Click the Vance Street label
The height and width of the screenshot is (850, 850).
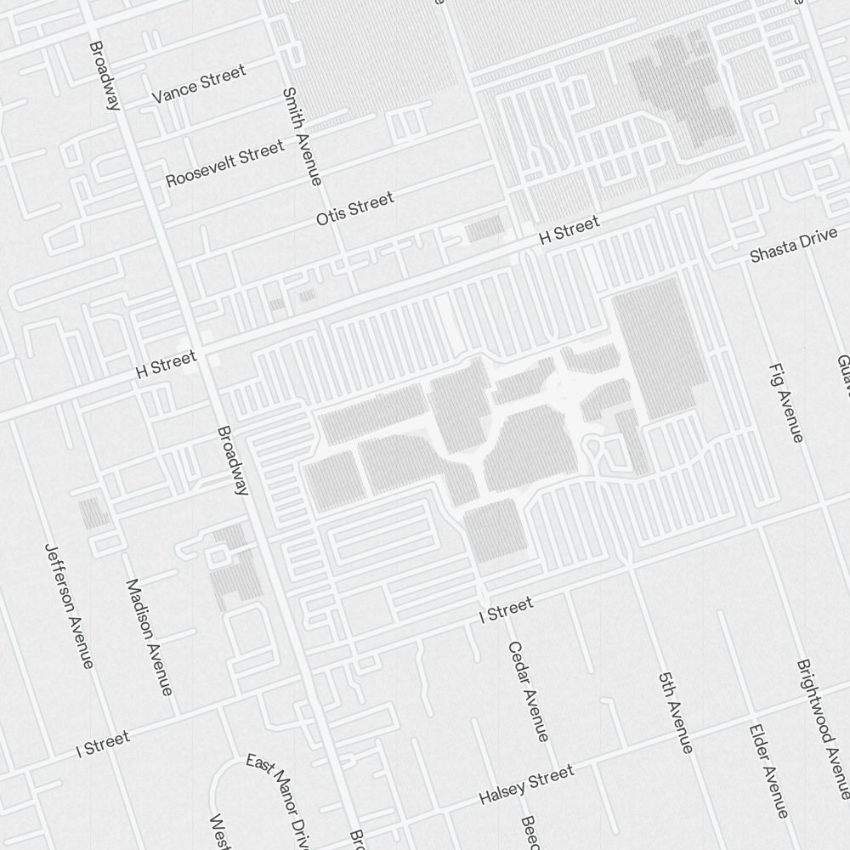tap(198, 83)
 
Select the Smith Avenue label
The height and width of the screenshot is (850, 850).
tap(303, 136)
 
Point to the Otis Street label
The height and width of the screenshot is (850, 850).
tap(354, 209)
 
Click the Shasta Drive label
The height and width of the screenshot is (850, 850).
tap(793, 247)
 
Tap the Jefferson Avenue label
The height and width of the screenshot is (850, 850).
tap(68, 605)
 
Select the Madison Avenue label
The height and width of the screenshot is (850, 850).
tap(150, 637)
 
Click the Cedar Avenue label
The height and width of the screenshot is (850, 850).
tap(528, 691)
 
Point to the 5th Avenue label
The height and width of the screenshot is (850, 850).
tap(676, 712)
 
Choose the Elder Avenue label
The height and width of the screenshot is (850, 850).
tap(769, 769)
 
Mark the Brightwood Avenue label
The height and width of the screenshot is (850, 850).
tap(822, 728)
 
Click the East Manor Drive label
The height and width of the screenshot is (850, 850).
tap(280, 799)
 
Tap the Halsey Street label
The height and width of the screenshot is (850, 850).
tap(526, 785)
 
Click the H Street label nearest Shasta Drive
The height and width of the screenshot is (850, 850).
tap(569, 230)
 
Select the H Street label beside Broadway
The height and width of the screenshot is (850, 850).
tap(166, 365)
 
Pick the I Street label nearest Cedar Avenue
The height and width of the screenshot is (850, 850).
tap(507, 609)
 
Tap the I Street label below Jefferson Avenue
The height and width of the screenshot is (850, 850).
tap(103, 744)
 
